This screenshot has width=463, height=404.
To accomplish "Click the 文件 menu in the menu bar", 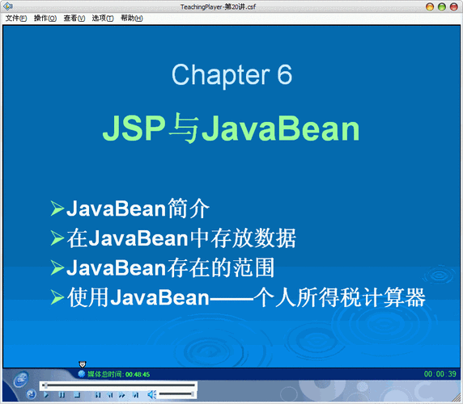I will (x=16, y=18).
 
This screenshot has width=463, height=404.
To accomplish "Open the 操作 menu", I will (x=45, y=18).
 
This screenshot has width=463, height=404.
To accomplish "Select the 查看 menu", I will (x=74, y=18).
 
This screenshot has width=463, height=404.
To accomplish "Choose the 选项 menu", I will (x=103, y=18).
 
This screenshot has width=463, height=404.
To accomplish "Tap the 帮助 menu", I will (x=131, y=18).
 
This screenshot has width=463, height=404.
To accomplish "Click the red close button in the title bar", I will (x=453, y=6).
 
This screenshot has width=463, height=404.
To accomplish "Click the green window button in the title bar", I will (x=429, y=6).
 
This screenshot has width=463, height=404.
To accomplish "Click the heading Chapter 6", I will (x=231, y=75).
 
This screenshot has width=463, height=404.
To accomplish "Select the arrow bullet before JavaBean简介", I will (x=57, y=209).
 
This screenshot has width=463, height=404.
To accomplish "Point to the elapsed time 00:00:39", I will (x=440, y=374).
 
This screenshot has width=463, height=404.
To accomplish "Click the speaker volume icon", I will (x=151, y=394).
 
